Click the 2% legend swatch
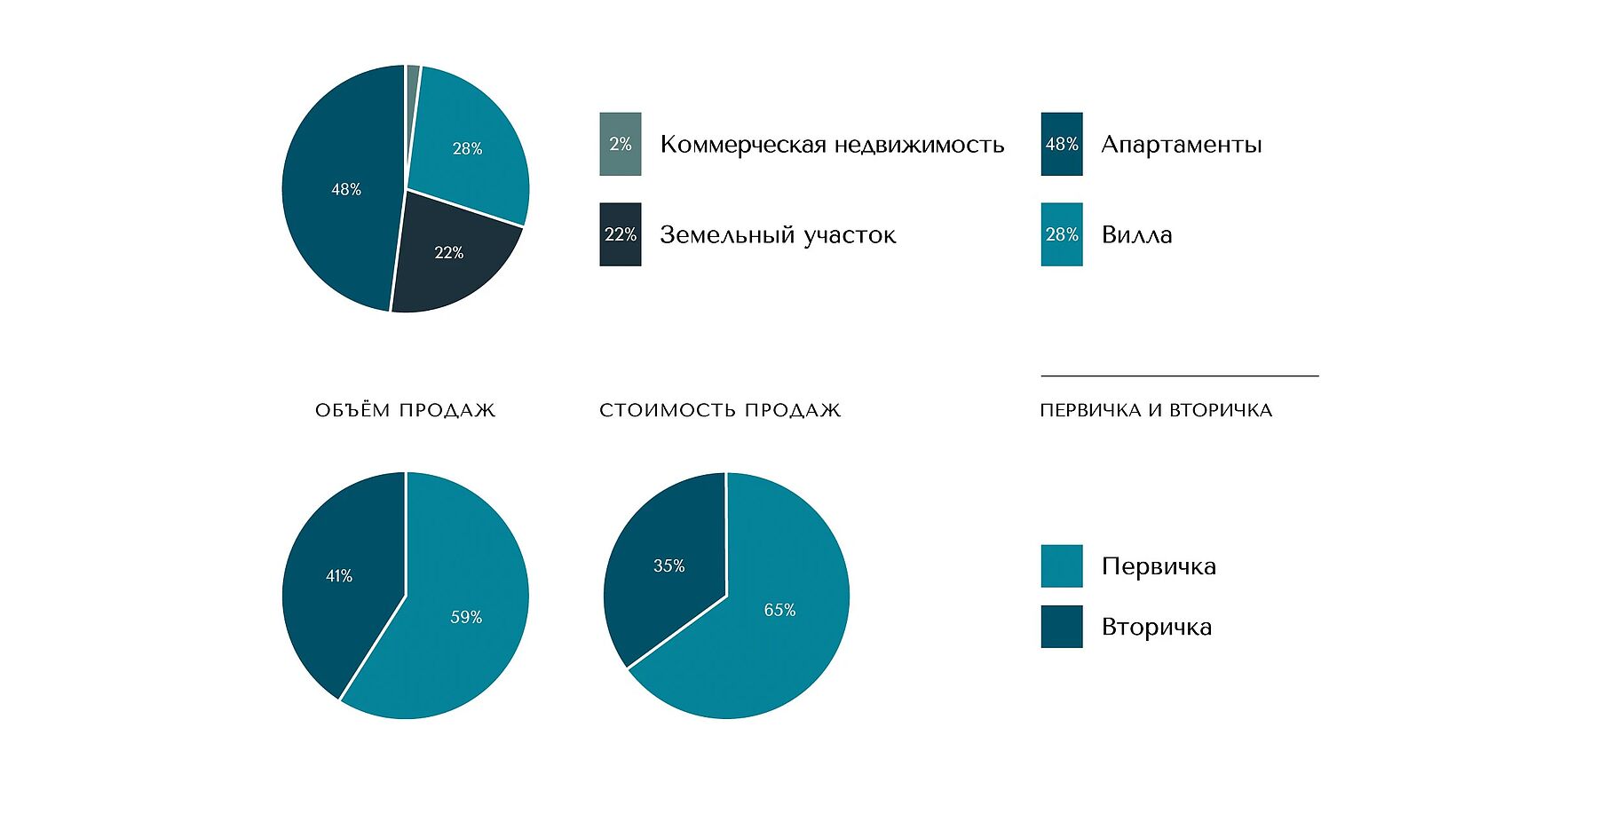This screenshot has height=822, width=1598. coord(620,144)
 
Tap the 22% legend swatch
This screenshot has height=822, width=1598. coord(620,234)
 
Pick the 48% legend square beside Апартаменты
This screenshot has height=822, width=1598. coord(1062,144)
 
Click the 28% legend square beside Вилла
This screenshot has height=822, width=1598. coord(1062,234)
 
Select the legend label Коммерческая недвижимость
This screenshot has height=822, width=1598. coord(832,145)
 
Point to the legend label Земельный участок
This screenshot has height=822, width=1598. coord(778,235)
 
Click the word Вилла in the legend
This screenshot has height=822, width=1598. coord(1136,235)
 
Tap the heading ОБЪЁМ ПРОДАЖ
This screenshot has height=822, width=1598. coord(405,410)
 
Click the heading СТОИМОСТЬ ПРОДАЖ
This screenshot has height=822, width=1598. coord(720,410)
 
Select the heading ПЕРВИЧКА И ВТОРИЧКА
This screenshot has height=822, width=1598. coord(1156,410)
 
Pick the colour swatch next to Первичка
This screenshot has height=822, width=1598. coord(1062,566)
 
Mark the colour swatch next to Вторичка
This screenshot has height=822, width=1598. coord(1062,627)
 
